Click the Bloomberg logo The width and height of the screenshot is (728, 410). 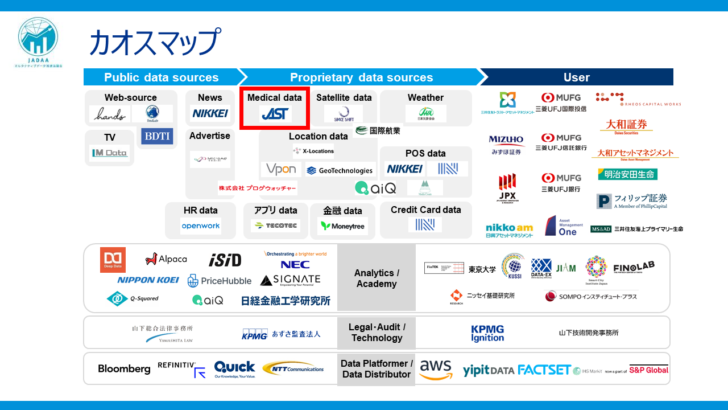[x=124, y=369]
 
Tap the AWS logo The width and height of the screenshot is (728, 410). [x=436, y=370]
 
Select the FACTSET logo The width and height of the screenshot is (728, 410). [x=544, y=370]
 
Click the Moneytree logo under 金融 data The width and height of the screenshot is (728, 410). [x=342, y=226]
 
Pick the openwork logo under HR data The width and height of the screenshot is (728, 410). [x=201, y=226]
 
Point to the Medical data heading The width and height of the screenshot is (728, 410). [x=275, y=97]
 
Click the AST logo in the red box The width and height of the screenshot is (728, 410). [x=275, y=114]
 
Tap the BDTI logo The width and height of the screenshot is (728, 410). [x=157, y=136]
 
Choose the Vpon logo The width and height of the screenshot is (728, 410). [x=281, y=169]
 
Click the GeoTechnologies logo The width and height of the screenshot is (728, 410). [x=340, y=170]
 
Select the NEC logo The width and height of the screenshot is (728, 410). [x=295, y=265]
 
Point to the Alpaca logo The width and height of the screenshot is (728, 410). [x=166, y=259]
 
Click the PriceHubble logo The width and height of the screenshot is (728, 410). [x=220, y=281]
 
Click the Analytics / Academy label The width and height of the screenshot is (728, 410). [x=377, y=278]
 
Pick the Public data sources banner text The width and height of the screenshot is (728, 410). [x=161, y=77]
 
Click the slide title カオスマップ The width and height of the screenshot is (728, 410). [x=154, y=42]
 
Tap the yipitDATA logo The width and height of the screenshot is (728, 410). [x=488, y=370]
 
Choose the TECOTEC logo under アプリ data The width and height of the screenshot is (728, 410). [x=275, y=226]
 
